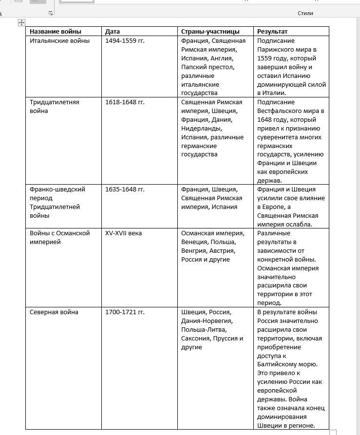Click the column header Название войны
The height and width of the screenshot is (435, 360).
pyautogui.click(x=55, y=32)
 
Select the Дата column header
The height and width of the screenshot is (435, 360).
pyautogui.click(x=113, y=32)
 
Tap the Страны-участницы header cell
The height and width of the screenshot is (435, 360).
pyautogui.click(x=210, y=32)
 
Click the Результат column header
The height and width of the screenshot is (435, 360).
pyautogui.click(x=272, y=32)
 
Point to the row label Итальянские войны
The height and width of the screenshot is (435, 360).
pyautogui.click(x=59, y=41)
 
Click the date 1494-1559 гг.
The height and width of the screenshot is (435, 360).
pyautogui.click(x=125, y=41)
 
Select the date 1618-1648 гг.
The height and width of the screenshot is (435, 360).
pyautogui.click(x=125, y=102)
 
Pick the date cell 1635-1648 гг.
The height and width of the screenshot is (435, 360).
pyautogui.click(x=125, y=189)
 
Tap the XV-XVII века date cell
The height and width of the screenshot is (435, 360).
pyautogui.click(x=123, y=233)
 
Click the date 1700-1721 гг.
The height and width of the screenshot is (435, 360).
pyautogui.click(x=125, y=312)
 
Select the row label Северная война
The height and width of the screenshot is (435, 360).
pyautogui.click(x=54, y=312)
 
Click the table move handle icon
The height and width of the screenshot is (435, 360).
pyautogui.click(x=21, y=22)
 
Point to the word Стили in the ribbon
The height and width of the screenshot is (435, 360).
pyautogui.click(x=305, y=13)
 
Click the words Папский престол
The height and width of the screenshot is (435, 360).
pyautogui.click(x=208, y=67)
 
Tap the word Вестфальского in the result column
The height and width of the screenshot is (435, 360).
pyautogui.click(x=280, y=111)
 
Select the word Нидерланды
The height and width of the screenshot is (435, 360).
pyautogui.click(x=201, y=129)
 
